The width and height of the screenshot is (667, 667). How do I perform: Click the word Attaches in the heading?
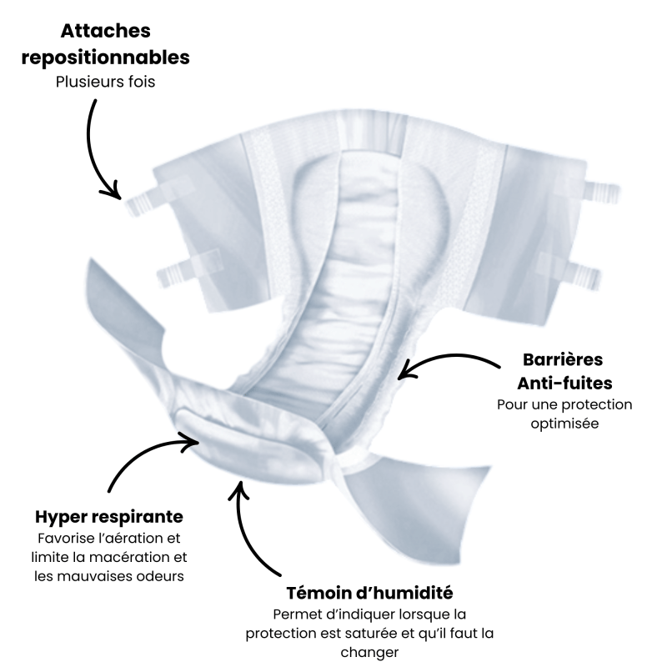pos(105,32)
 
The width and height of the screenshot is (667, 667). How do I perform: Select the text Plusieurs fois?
pos(105,83)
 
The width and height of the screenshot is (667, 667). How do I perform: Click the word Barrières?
pos(563,360)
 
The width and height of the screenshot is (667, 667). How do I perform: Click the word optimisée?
pos(564,424)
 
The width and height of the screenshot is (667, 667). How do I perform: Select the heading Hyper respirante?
pos(109,516)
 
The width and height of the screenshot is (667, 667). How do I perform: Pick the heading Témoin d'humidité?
pos(369,594)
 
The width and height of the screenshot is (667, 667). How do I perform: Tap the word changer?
pos(369,652)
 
